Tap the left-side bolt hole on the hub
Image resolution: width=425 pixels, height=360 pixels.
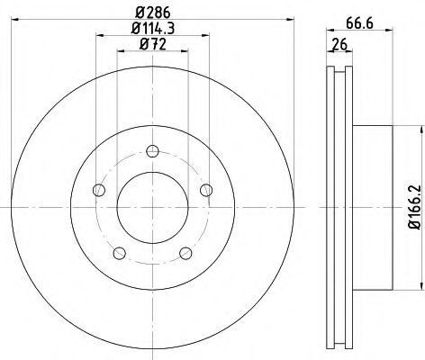point(99,189)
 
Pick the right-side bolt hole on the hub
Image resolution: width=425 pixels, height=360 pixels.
point(206,189)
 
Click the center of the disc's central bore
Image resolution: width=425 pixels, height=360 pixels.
point(152,205)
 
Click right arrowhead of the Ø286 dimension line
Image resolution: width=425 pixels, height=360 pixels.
point(285,21)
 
